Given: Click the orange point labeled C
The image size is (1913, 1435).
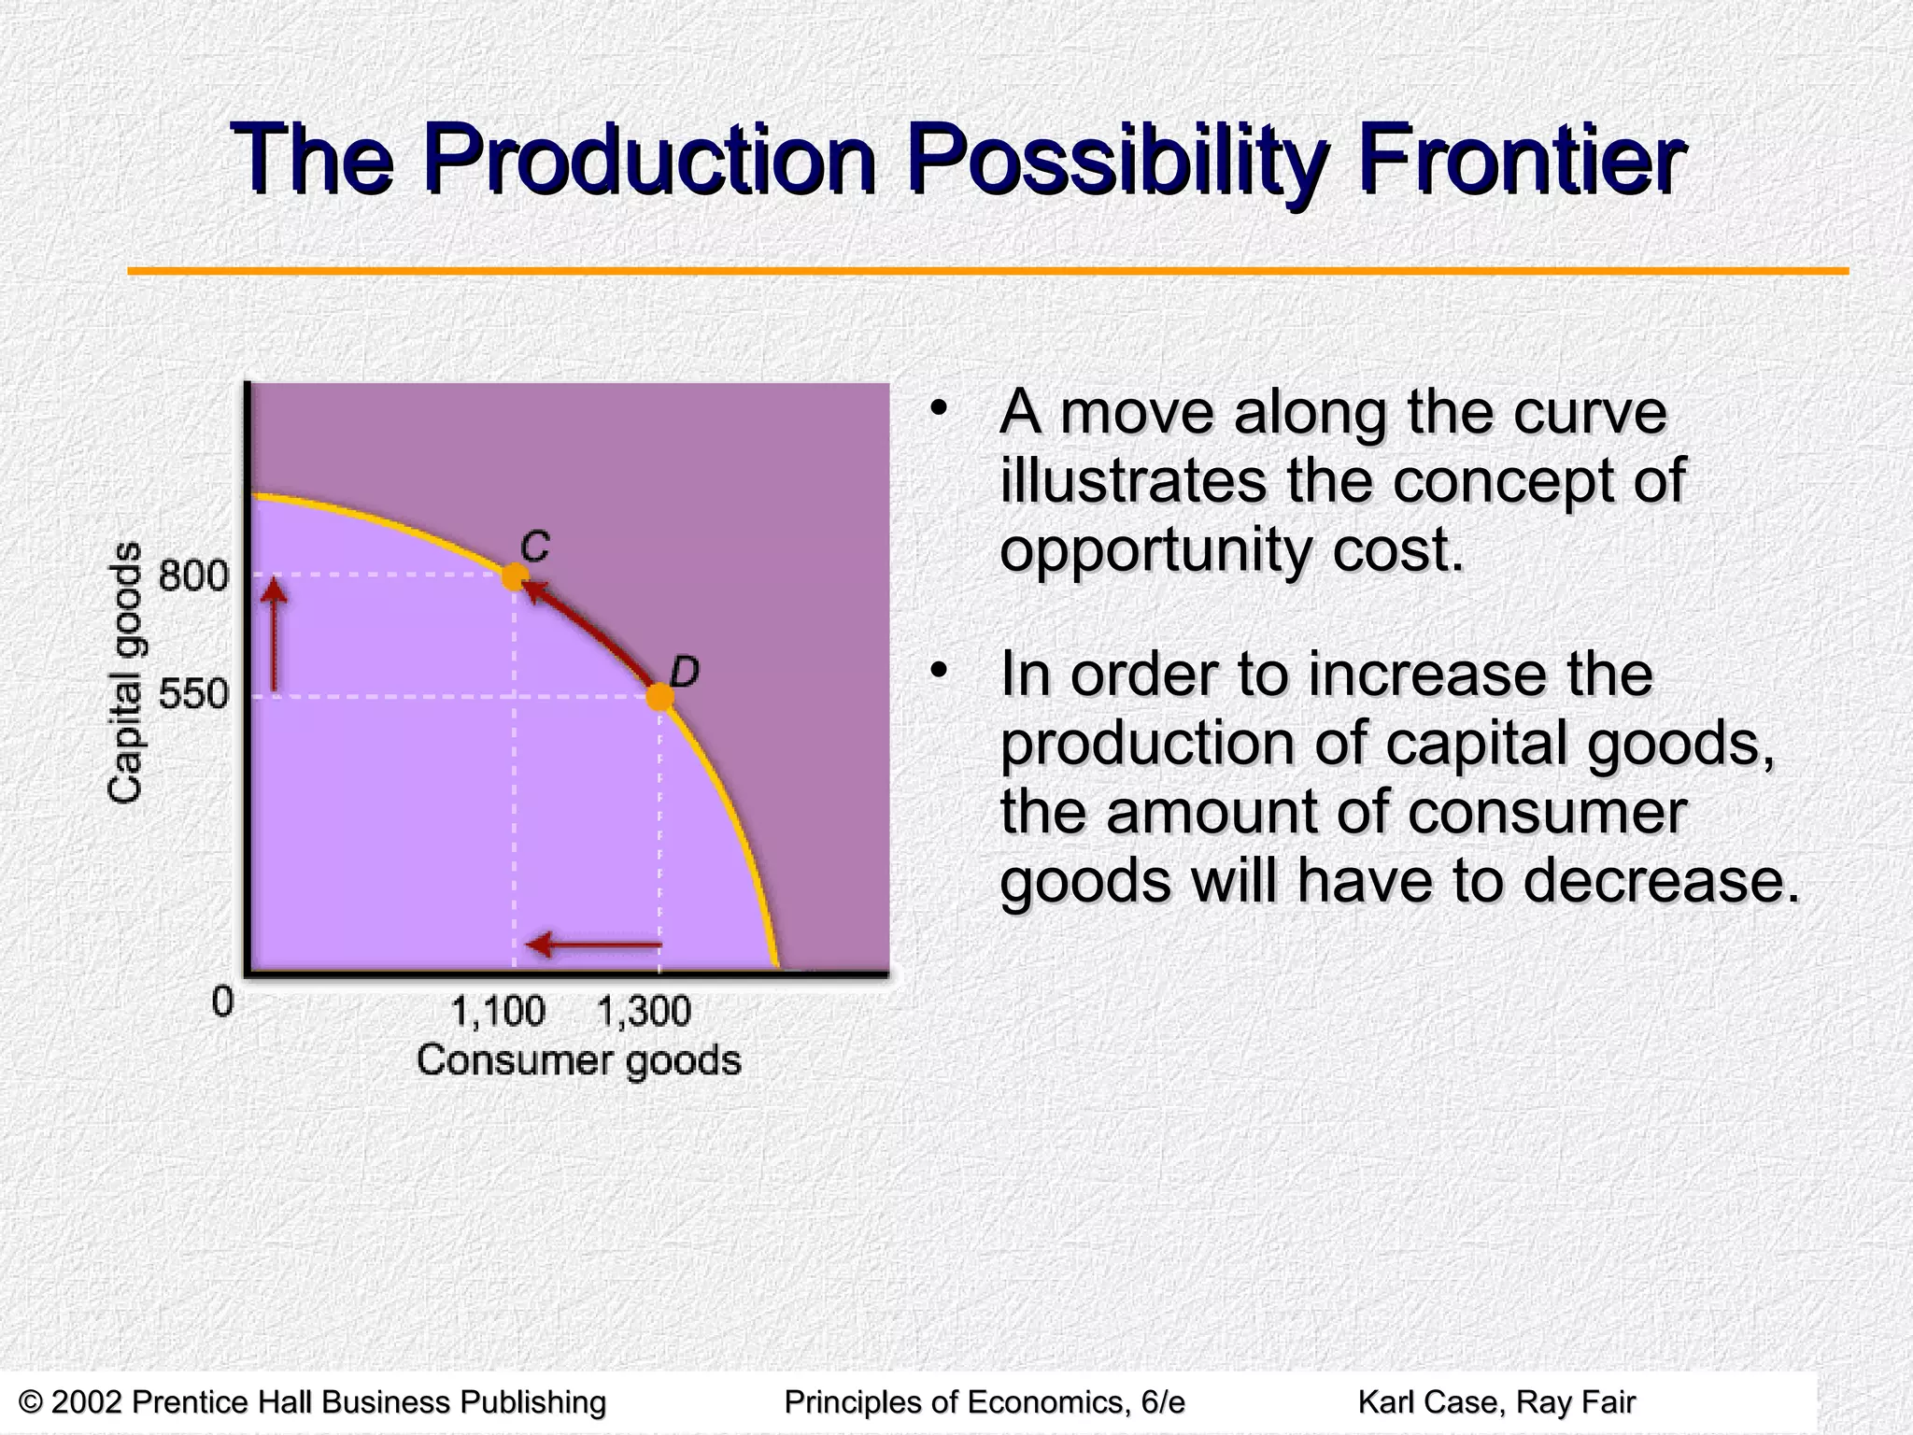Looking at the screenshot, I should click(x=514, y=576).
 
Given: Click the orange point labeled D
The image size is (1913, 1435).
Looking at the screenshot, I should click(x=659, y=697).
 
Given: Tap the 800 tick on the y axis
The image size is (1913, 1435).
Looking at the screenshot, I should click(x=193, y=575).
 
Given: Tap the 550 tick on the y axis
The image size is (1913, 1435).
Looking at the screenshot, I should click(x=193, y=695).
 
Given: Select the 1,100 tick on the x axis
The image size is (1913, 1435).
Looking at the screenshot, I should click(x=499, y=1012).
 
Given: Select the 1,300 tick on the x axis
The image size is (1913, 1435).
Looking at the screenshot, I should click(x=644, y=1012).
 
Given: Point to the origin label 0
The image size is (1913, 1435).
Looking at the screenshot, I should click(x=222, y=1002).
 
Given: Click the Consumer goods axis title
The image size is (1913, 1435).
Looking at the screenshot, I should click(x=578, y=1060).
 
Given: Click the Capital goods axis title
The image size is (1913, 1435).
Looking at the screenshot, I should click(x=125, y=673).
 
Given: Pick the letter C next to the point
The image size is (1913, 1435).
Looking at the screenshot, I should click(x=535, y=547).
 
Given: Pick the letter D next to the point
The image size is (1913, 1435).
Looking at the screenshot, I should click(x=685, y=672).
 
